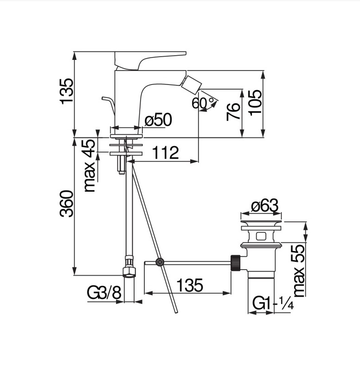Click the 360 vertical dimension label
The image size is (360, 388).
66,203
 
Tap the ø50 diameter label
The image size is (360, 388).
158,120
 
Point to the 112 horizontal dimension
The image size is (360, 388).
166,152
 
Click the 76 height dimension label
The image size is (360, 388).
233,112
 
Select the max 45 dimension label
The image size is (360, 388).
90,166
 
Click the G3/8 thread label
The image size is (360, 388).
104,293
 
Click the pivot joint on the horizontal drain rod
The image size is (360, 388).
160,263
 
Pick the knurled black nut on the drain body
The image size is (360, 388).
236,262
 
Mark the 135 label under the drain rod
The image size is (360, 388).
189,285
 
